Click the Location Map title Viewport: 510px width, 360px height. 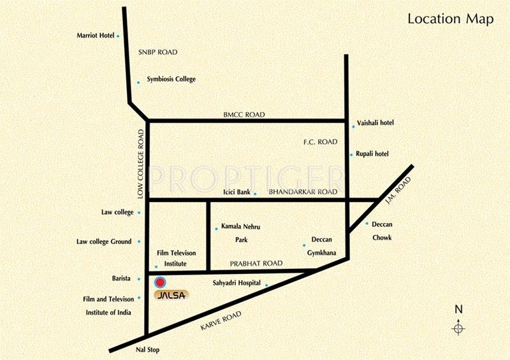pos(450,19)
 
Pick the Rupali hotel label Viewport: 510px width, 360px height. pos(373,154)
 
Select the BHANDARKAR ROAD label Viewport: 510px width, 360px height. pos(302,192)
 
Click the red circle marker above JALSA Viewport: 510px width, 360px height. pos(160,282)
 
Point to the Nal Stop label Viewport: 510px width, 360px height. pos(148,350)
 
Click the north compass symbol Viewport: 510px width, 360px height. pos(458,328)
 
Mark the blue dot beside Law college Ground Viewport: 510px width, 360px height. pos(138,241)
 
